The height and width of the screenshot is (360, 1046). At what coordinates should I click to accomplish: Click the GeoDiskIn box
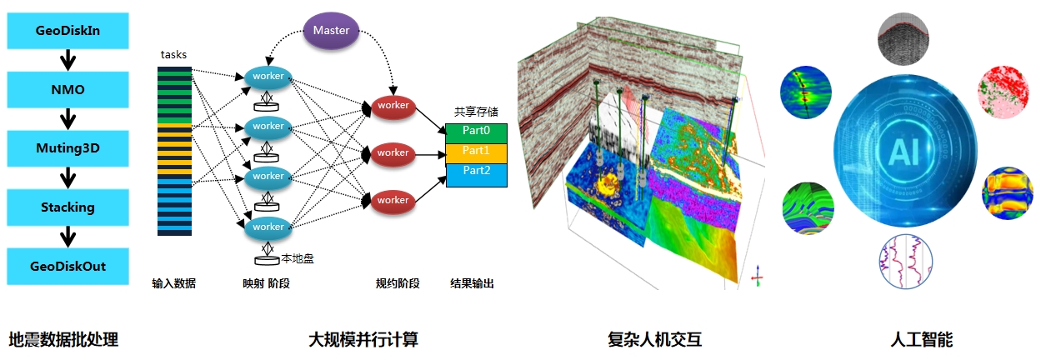(68, 30)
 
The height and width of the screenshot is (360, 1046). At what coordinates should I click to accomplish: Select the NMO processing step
(68, 89)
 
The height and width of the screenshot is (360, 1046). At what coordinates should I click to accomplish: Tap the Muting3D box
(68, 148)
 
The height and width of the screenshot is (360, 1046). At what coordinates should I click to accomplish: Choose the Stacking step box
(68, 207)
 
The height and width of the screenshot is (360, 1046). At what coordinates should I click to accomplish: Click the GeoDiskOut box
(68, 266)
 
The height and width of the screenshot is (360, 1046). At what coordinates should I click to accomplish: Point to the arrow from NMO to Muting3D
(68, 119)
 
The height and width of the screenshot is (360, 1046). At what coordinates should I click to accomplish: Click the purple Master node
(331, 31)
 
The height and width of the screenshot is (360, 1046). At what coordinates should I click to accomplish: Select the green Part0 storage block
(476, 133)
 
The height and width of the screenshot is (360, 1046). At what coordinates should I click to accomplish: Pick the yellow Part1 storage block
(476, 153)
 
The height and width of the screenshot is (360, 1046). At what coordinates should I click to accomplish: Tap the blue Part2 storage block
(476, 175)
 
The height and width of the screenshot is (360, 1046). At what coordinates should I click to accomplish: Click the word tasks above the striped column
(173, 55)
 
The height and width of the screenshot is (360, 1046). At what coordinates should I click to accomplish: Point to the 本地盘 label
(298, 258)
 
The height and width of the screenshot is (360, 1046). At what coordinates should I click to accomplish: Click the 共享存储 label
(476, 112)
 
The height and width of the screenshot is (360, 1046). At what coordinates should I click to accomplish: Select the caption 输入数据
(173, 283)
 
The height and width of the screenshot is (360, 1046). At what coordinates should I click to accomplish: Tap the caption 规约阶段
(398, 283)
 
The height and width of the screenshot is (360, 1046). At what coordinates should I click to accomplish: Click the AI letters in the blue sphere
(904, 152)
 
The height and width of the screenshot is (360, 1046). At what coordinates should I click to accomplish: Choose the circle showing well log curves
(905, 262)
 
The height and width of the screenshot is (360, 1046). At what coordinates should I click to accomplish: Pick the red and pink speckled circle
(1003, 92)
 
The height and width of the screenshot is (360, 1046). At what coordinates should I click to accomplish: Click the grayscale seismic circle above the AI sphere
(903, 39)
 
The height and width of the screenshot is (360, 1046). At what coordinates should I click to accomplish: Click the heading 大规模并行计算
(363, 339)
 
